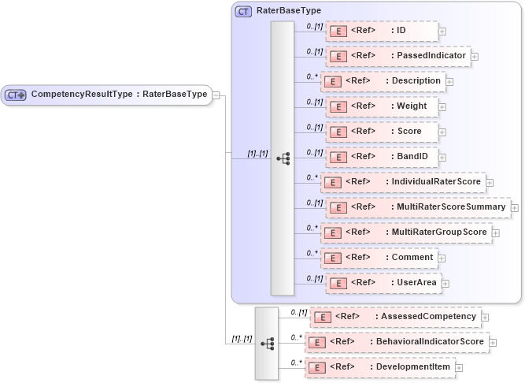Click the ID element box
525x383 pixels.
pos(381,31)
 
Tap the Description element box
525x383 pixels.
pos(383,81)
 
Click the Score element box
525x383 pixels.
pos(383,132)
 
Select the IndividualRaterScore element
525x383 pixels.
pos(403,182)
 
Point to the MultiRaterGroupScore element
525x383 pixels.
pos(406,232)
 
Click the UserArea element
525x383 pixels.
pos(383,283)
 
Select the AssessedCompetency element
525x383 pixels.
pos(396,317)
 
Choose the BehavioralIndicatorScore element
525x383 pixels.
pos(397,342)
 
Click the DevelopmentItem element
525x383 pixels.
pos(379,367)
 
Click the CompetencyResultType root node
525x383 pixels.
pos(106,95)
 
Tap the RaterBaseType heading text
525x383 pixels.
pos(288,11)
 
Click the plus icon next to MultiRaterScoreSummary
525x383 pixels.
pos(515,208)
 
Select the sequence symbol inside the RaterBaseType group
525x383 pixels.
pos(283,158)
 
